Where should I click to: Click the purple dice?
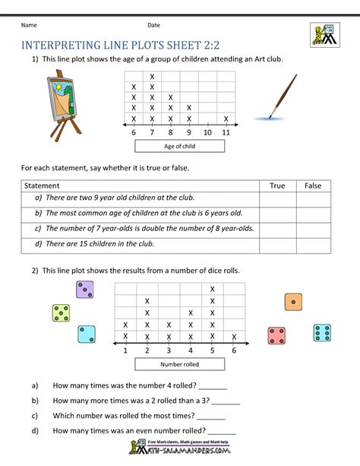(85, 290)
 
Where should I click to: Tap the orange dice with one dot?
(293, 302)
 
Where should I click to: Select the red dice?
(276, 335)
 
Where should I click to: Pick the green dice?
(62, 312)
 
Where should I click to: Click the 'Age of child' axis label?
(179, 146)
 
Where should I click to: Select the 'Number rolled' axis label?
(179, 365)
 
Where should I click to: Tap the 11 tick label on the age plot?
(226, 133)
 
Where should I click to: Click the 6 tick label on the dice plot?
(234, 350)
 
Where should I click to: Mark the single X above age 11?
(226, 119)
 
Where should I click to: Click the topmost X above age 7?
(152, 76)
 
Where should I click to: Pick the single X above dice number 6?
(234, 337)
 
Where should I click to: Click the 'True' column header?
(277, 185)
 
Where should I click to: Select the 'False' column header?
(313, 185)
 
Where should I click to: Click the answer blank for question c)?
(211, 417)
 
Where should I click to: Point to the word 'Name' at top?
(30, 25)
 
